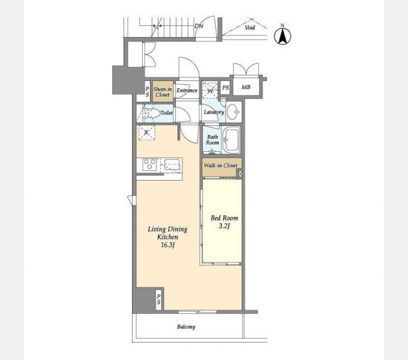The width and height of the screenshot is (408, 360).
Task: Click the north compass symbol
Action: pos(283,35)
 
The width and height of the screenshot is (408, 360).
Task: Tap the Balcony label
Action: pos(186,327)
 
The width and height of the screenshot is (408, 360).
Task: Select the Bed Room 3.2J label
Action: pos(224,222)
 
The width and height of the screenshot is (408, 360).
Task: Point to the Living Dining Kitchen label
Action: pos(167,237)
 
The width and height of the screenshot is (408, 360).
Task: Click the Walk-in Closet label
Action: pos(220,166)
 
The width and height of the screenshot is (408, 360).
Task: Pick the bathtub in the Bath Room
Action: pos(232,140)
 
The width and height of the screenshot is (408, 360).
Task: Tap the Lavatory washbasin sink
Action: pos(233,112)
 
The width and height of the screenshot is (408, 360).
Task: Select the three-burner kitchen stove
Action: pos(149,164)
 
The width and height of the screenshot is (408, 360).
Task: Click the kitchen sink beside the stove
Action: pos(171,166)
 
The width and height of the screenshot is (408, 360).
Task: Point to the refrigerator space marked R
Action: pos(146,133)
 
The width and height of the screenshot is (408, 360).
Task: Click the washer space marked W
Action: pos(210,91)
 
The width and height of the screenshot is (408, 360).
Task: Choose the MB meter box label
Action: pos(246,87)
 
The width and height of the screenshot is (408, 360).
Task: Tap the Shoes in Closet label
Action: pos(163,92)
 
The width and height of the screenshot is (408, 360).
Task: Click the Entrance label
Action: pos(187,90)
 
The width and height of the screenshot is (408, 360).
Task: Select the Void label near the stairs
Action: pos(250,28)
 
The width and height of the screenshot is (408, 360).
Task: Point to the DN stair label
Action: pos(199,26)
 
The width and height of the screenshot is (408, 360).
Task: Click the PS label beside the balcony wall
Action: pos(158,299)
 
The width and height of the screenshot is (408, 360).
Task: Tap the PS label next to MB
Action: pos(226,88)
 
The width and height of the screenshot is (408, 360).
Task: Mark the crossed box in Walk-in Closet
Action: pos(240,173)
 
